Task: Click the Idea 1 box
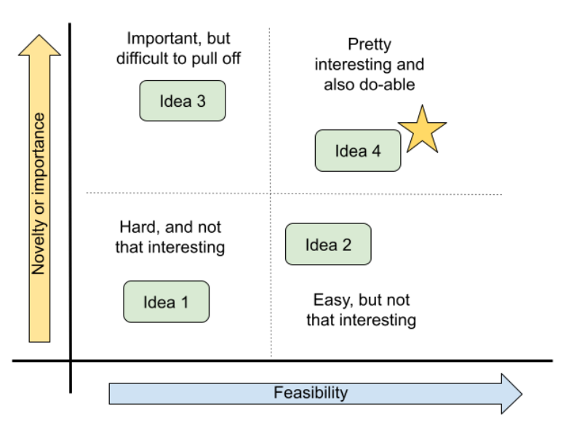(x=166, y=302)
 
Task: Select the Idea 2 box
(x=328, y=244)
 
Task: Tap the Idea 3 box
(x=183, y=101)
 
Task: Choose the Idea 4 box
(x=358, y=151)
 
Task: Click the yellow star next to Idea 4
(x=422, y=132)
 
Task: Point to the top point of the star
(x=422, y=109)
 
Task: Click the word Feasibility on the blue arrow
(x=311, y=394)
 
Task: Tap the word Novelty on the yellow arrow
(x=39, y=247)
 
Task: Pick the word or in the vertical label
(x=39, y=209)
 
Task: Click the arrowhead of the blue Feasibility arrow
(x=512, y=394)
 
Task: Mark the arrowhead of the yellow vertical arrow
(x=39, y=45)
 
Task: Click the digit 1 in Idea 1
(x=184, y=302)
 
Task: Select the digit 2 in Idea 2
(x=346, y=244)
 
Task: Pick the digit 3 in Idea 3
(x=201, y=101)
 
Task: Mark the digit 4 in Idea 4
(x=376, y=151)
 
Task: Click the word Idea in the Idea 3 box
(x=174, y=101)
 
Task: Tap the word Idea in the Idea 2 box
(x=319, y=244)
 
